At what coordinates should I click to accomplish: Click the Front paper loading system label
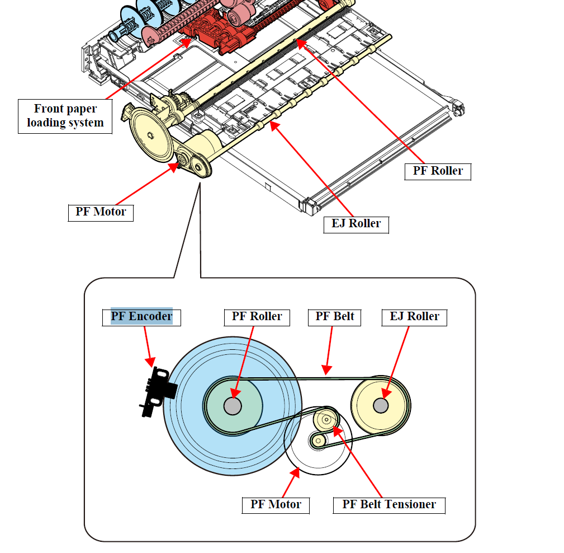coord(65,116)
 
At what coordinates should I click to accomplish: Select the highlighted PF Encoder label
coord(141,316)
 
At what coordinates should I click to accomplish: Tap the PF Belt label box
coord(334,316)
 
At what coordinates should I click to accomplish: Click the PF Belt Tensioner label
coord(389,504)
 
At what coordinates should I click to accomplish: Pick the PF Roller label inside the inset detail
coord(257,316)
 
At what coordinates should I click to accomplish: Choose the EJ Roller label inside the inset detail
coord(414,316)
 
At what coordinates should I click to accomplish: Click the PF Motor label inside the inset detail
coord(276,504)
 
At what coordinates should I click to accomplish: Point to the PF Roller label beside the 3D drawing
coord(438,171)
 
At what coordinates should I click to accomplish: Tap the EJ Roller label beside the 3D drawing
coord(356,224)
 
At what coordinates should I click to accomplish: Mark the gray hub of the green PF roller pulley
coord(233,406)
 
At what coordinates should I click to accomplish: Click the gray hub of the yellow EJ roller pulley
coord(381,405)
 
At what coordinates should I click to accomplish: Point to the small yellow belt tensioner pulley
coord(325,418)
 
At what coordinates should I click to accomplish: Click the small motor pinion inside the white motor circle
coord(318,441)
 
